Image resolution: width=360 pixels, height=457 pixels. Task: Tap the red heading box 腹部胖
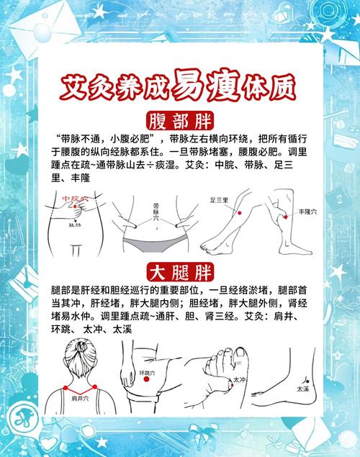(181, 120)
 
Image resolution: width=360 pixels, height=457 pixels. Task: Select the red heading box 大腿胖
(181, 272)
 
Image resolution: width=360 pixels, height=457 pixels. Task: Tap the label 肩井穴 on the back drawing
(80, 397)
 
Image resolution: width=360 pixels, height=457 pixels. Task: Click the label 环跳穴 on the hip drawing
(147, 374)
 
